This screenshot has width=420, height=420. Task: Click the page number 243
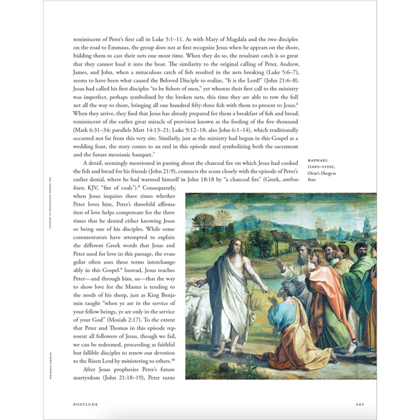tap(359, 404)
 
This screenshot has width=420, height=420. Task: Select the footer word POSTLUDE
tap(85, 404)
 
